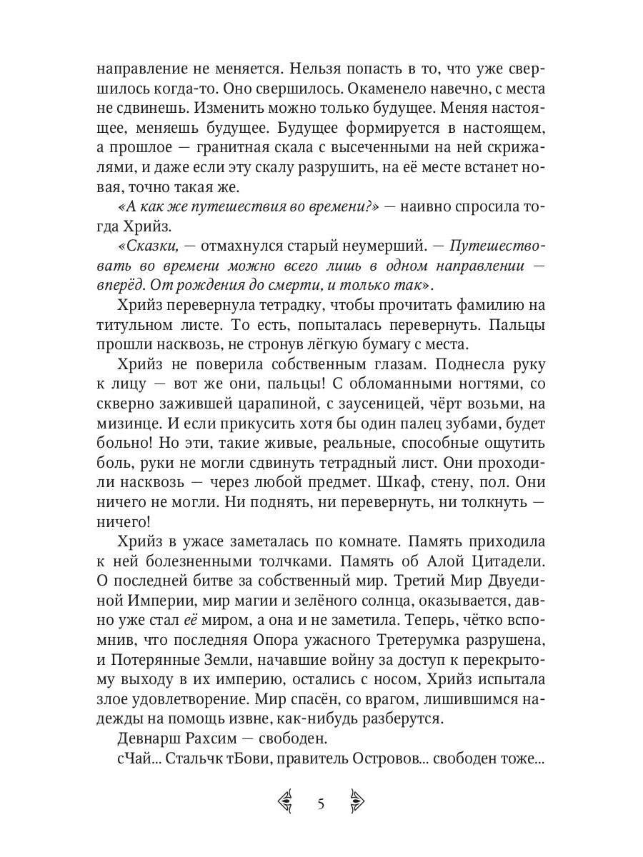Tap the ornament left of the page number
pos(286,803)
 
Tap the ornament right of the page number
pos(357,803)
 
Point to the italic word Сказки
pos(150,245)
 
